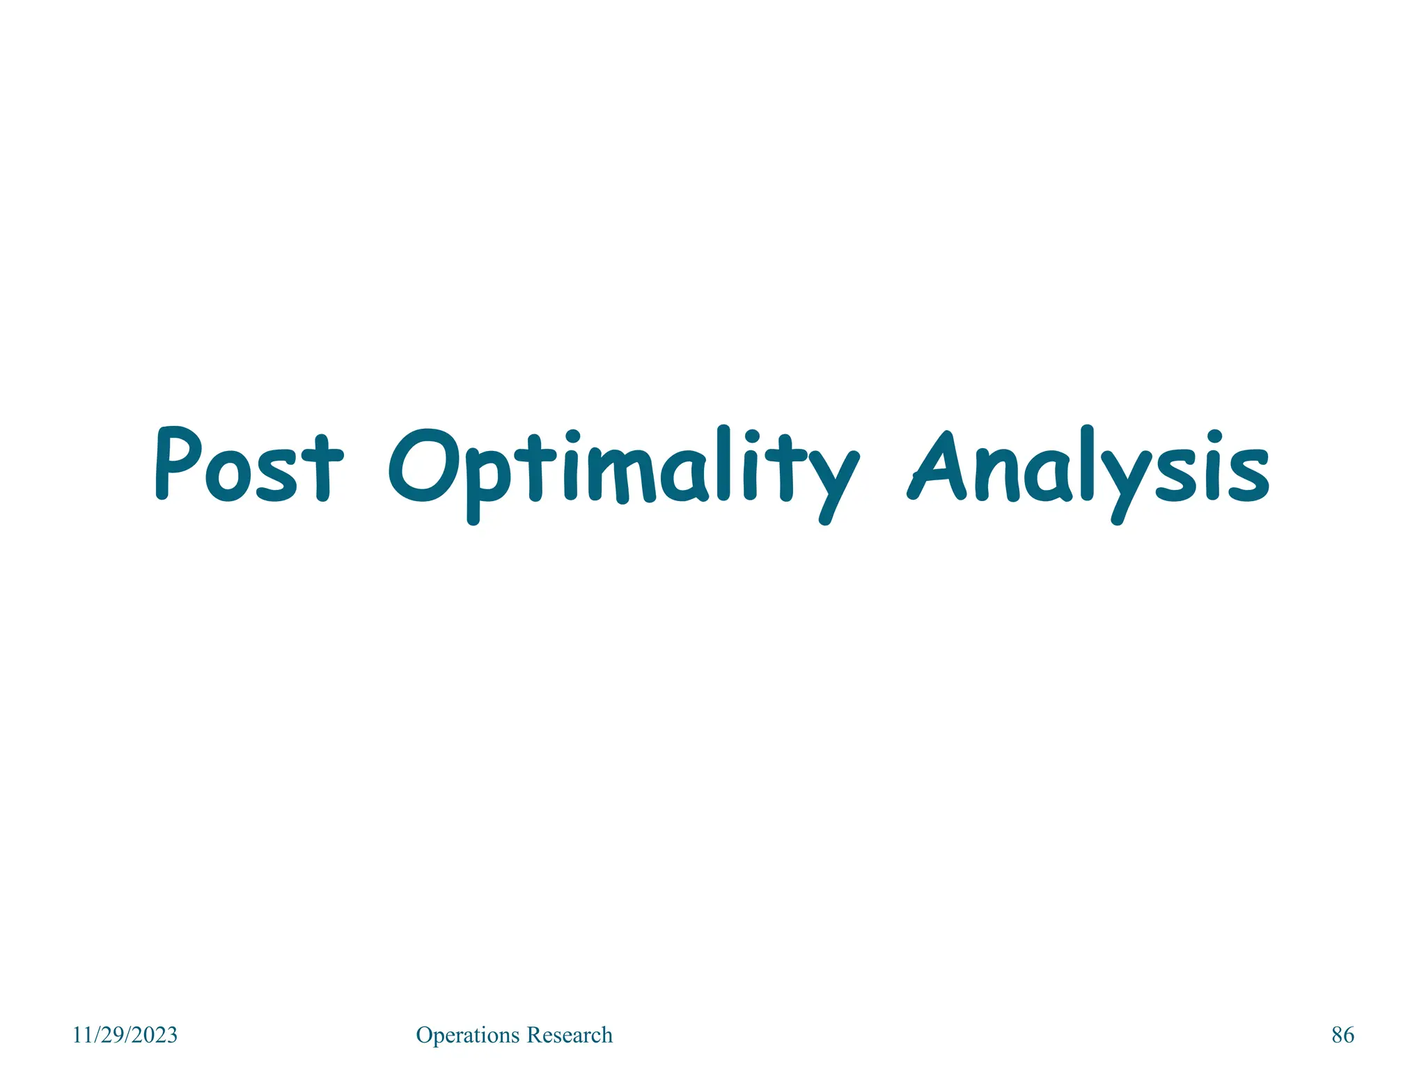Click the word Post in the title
tap(249, 465)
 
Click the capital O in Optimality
tap(423, 465)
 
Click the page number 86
tap(1342, 1035)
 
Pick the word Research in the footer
tap(570, 1035)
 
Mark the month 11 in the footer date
tap(82, 1035)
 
